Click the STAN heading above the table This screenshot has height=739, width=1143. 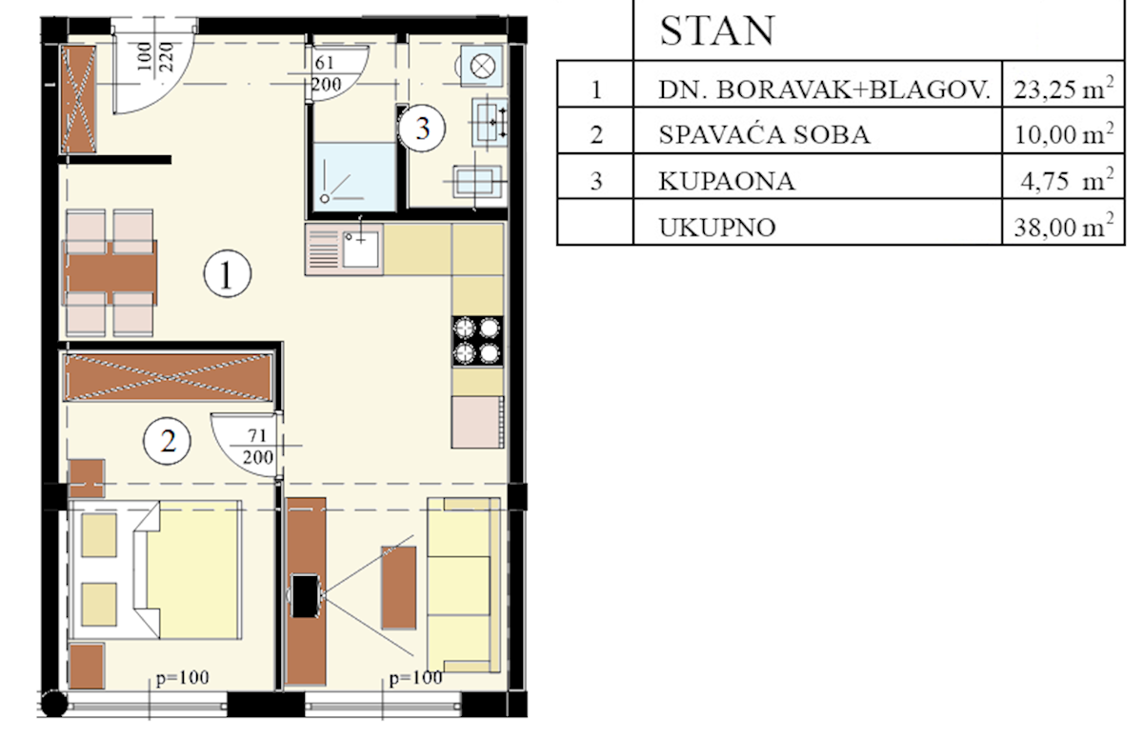[x=716, y=31]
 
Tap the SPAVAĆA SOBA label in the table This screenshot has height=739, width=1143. [x=763, y=134]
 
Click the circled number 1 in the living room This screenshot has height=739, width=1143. [x=228, y=276]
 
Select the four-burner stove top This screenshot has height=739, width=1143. [x=477, y=340]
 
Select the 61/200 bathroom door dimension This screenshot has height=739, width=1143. [x=324, y=73]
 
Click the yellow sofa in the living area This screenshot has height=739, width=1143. [x=463, y=584]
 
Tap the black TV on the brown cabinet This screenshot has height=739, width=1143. [x=307, y=595]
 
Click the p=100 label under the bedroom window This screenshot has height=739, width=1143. [x=182, y=679]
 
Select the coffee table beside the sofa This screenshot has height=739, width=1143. [x=398, y=587]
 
